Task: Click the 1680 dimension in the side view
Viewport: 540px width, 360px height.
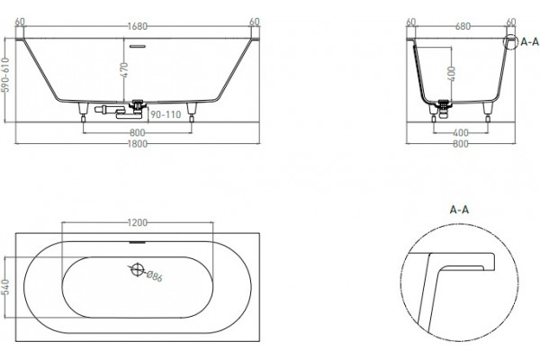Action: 138,26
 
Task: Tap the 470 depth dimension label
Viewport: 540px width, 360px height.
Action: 124,70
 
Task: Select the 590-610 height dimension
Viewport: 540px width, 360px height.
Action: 5,75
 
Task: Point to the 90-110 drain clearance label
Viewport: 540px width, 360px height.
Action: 166,114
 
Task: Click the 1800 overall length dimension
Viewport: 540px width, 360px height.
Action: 138,144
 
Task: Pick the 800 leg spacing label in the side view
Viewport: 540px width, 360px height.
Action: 138,132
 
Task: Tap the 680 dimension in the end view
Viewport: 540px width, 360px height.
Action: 463,26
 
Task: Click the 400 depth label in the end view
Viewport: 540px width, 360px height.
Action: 452,74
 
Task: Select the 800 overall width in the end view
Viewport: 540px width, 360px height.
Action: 461,144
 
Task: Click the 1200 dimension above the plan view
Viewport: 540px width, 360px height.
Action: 138,223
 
